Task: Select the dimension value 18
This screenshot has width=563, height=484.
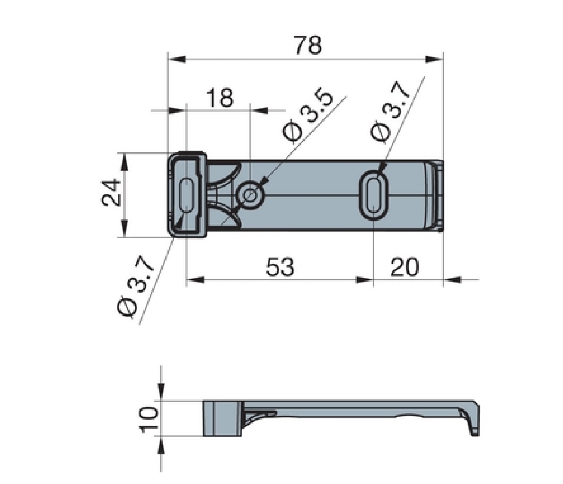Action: (220, 98)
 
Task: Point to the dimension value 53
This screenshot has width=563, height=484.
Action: (280, 268)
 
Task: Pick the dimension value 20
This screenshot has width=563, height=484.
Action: (405, 268)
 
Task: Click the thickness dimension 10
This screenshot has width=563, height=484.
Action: (148, 419)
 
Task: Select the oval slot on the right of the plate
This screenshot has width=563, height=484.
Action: (374, 195)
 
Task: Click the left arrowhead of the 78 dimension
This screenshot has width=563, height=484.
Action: (176, 60)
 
